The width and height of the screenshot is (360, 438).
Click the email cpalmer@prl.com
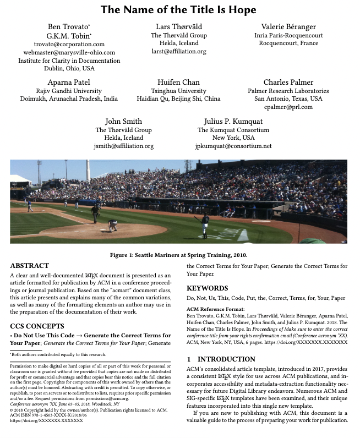pos(288,107)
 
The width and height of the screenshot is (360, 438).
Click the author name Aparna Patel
pos(69,82)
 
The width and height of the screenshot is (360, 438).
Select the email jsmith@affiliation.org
pos(124,146)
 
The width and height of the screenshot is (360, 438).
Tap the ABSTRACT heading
pos(30,265)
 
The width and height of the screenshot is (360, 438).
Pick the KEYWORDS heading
pos(207,288)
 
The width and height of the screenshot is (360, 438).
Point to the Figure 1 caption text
pos(179,255)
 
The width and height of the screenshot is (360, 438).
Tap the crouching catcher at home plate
pos(113,225)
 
